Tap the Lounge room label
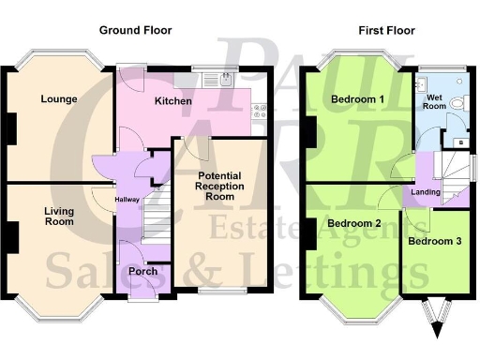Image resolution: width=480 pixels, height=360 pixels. pos(59,98)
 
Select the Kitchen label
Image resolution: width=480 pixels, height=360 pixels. pos(173,101)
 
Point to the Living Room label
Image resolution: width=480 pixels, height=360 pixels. pos(58,217)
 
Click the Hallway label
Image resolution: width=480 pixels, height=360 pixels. pos(127,200)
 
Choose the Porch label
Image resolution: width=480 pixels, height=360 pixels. pos(143,273)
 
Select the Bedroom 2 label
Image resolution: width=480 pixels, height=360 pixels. pos(353,223)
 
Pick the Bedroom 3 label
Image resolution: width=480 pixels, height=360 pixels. pos(434,241)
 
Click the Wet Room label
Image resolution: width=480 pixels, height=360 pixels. pos(434,102)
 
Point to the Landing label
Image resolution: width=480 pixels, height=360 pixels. pos(427,192)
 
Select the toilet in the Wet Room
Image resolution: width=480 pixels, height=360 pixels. pos(458,103)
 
